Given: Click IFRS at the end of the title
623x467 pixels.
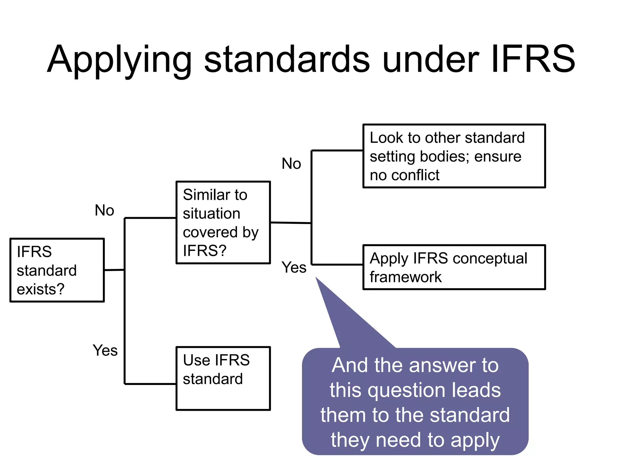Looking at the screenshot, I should [x=532, y=59].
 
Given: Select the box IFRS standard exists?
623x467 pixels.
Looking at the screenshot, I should [x=57, y=270].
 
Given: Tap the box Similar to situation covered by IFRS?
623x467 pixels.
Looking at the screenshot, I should [x=223, y=223].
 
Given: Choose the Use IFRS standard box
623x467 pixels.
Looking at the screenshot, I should [x=223, y=379].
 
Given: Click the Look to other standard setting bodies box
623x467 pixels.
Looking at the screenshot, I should [x=454, y=156].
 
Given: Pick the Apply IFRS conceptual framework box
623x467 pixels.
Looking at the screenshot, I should [x=454, y=267].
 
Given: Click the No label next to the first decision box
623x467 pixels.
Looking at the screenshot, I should [x=104, y=210].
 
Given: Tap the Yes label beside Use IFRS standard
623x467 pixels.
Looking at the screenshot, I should [x=105, y=350].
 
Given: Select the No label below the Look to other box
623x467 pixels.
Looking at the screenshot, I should [x=291, y=164].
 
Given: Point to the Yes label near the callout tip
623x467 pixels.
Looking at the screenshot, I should [x=294, y=268].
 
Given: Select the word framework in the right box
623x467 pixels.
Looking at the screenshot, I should [x=405, y=277].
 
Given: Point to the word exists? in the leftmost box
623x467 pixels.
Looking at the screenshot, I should [x=40, y=289].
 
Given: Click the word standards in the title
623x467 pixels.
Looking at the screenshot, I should [x=287, y=60].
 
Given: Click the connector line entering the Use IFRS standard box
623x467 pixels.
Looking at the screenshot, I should [x=151, y=384].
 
